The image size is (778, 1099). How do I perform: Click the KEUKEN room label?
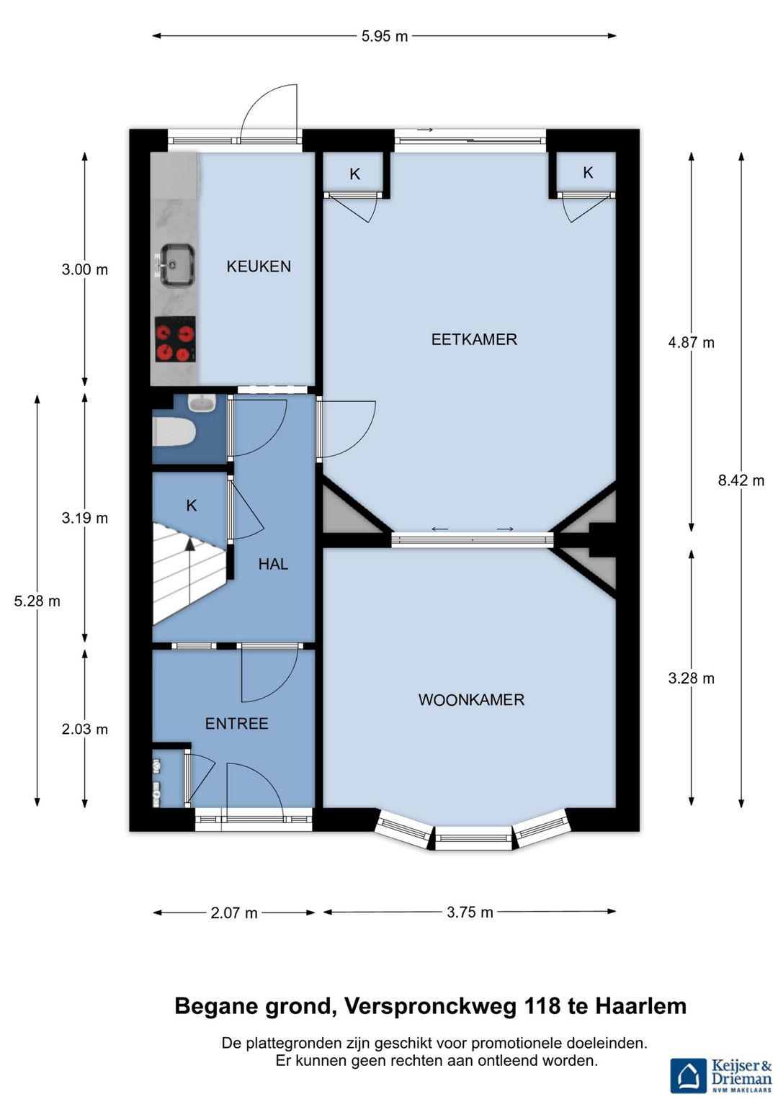click(x=259, y=266)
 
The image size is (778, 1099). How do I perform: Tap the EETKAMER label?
click(x=474, y=339)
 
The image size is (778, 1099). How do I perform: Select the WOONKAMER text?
click(x=471, y=699)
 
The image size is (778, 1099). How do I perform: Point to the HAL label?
click(x=273, y=564)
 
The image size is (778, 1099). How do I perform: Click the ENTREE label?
click(x=236, y=724)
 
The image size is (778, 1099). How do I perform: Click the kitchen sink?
click(x=177, y=264)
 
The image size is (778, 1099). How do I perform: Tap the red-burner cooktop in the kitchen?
click(x=175, y=339)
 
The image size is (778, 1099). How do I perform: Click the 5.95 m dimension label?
click(x=385, y=36)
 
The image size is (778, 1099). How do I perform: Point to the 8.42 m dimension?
click(x=741, y=480)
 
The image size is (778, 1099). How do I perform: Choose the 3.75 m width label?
click(x=470, y=912)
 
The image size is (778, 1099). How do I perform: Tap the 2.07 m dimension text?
click(x=234, y=913)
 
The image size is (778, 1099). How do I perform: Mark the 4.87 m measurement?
click(x=691, y=343)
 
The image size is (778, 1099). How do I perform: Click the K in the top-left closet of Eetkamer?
click(x=355, y=174)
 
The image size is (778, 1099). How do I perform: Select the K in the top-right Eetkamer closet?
click(x=588, y=172)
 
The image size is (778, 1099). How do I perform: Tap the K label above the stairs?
click(x=192, y=506)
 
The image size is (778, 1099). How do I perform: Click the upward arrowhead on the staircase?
click(x=190, y=541)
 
